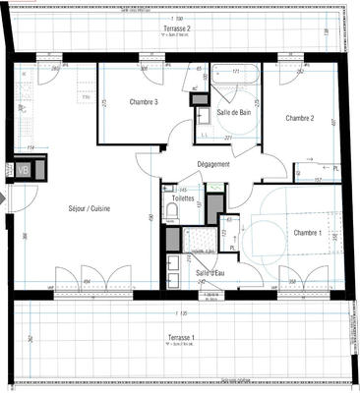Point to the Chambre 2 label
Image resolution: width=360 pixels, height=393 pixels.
click(x=299, y=118)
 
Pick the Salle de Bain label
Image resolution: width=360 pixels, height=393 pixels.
click(x=234, y=113)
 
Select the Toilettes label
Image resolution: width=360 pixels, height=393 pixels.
click(x=183, y=197)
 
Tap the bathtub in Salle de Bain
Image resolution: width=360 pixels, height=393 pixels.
click(x=236, y=84)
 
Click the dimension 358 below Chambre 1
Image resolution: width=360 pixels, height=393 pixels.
click(x=294, y=281)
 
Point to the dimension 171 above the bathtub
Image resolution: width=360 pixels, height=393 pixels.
click(x=236, y=71)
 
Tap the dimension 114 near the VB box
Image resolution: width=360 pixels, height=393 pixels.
click(x=31, y=148)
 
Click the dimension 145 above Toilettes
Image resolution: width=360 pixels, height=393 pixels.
click(x=183, y=189)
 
